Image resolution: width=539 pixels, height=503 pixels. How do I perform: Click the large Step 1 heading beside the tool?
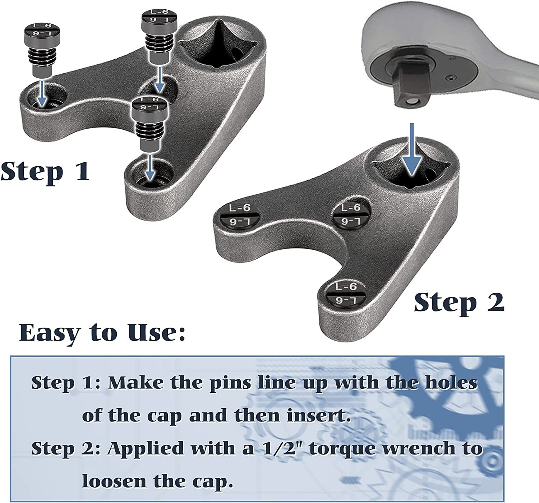tap(45, 171)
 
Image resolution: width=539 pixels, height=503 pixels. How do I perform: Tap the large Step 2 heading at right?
tap(459, 304)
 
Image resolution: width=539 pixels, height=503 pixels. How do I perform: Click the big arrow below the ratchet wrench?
tap(412, 149)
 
